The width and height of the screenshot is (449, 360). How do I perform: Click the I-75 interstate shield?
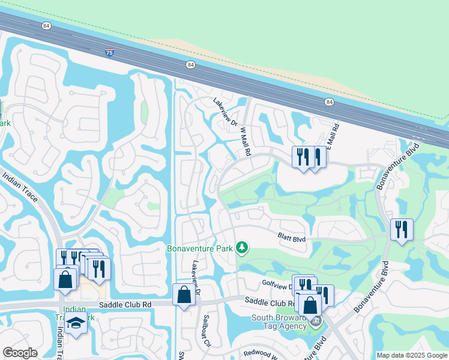point(109,52)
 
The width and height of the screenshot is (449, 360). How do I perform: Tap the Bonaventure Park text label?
point(199,247)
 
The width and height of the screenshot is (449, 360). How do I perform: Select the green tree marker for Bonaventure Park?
point(242,247)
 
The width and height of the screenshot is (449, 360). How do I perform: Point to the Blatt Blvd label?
point(292,238)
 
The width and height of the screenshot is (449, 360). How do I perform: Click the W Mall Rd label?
point(246,141)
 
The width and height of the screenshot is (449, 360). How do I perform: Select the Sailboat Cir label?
point(206,331)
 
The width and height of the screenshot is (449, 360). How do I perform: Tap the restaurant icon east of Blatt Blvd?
point(401,229)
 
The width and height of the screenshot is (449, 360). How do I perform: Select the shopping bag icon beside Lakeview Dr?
point(184,294)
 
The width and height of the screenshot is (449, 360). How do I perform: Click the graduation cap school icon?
point(76,325)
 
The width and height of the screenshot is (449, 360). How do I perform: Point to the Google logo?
point(20,353)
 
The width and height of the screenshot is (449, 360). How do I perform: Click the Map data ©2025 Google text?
point(412,355)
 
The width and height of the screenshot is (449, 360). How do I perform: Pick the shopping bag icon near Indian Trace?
point(65,279)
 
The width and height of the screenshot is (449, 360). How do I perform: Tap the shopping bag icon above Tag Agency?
point(310,305)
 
